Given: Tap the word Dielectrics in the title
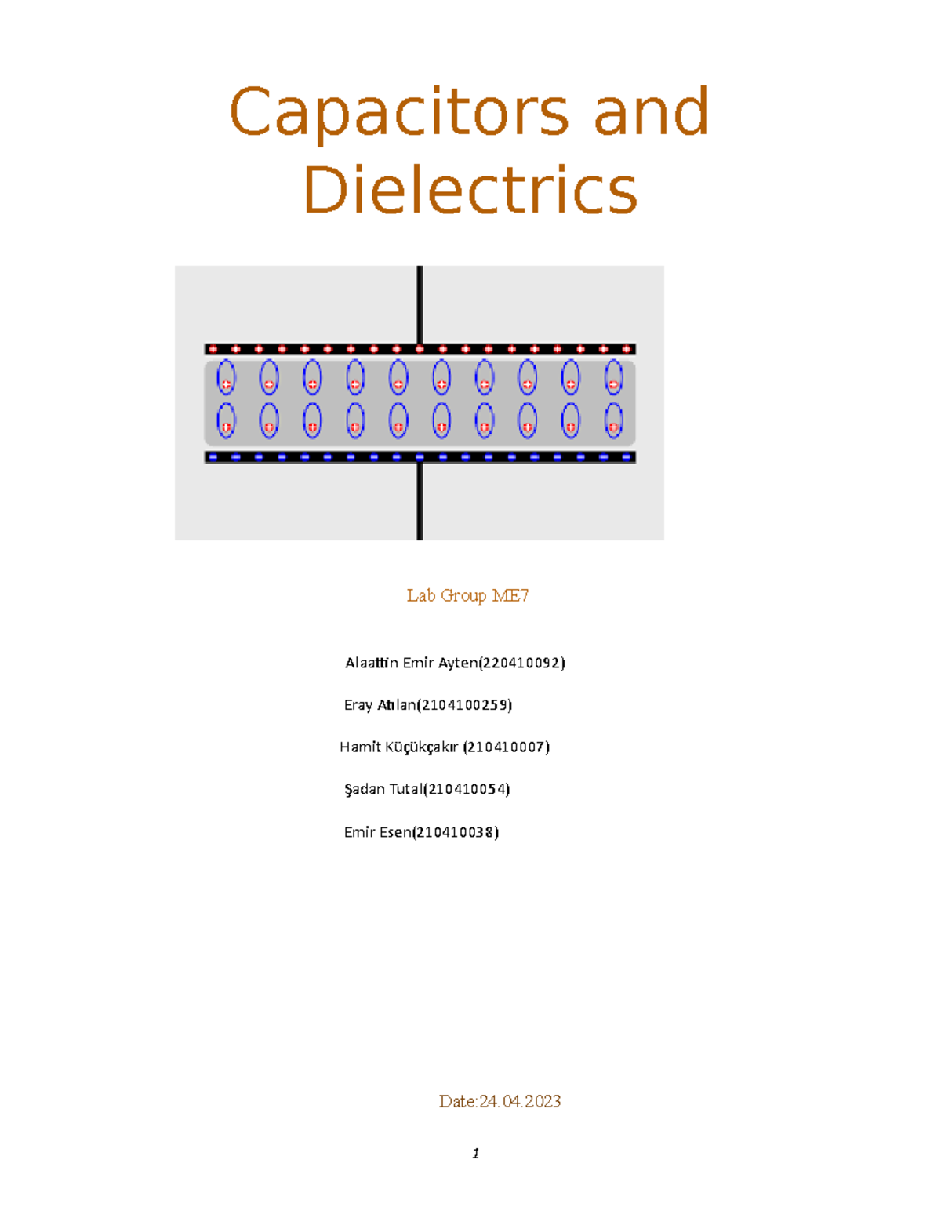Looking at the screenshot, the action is tap(470, 191).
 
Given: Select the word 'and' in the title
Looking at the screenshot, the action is tap(651, 112).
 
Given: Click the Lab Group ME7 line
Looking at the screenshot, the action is tap(467, 596).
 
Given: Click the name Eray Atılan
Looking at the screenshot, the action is tap(380, 705).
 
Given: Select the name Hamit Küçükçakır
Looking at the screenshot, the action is tap(398, 747).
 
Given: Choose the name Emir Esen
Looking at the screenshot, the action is tap(377, 833).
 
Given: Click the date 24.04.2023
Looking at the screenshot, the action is tap(520, 1102).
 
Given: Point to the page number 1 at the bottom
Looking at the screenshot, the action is tap(475, 1154).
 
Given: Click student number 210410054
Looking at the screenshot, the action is tap(467, 790).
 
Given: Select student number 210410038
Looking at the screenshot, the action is tap(456, 833).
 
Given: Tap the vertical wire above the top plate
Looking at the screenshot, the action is tap(420, 304).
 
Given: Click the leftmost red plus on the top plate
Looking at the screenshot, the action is tap(213, 349).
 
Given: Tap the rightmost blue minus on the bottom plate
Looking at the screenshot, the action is tap(626, 457).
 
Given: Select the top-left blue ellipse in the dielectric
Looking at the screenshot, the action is tap(226, 377).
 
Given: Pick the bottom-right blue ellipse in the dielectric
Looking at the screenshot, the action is tap(613, 420).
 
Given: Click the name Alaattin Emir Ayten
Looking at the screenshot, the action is tap(411, 664).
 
